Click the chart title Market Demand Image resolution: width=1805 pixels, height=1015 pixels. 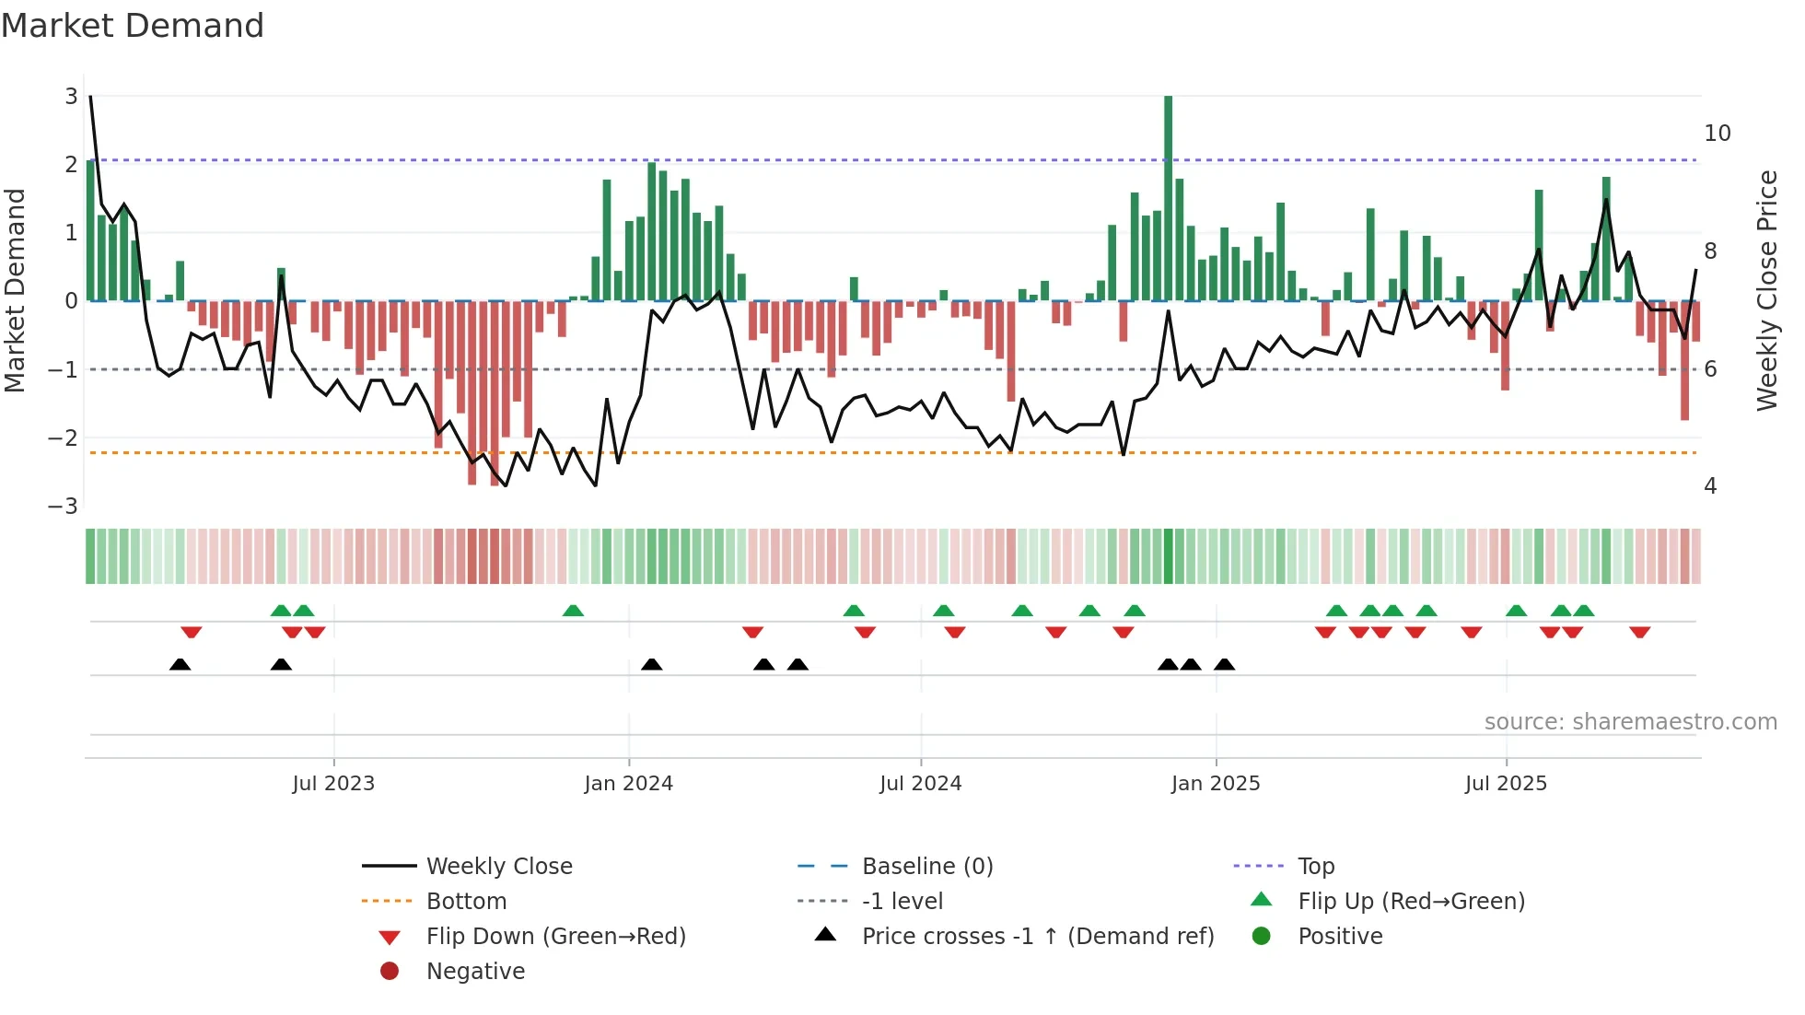click(x=133, y=26)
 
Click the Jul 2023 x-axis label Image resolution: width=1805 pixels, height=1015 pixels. click(x=333, y=784)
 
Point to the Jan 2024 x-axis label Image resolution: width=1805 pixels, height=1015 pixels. click(x=629, y=784)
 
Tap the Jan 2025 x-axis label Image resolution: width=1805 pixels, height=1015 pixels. click(x=1216, y=784)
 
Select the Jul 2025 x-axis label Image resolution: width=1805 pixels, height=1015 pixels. click(x=1507, y=784)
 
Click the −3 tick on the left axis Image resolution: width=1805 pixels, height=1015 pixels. click(x=63, y=507)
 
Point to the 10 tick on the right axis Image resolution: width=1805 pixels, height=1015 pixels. click(x=1718, y=134)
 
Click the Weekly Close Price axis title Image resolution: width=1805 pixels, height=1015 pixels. click(x=1766, y=290)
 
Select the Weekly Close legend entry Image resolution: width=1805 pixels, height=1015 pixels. click(x=498, y=867)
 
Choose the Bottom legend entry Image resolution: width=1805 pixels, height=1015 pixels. click(x=466, y=902)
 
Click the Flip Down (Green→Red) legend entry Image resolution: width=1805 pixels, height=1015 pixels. click(x=555, y=937)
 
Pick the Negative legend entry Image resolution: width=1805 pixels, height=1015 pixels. click(x=475, y=972)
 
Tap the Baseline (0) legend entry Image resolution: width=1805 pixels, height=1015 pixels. click(x=926, y=867)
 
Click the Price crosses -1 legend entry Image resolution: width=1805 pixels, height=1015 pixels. click(x=1037, y=937)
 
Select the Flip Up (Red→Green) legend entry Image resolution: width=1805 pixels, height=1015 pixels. click(x=1411, y=902)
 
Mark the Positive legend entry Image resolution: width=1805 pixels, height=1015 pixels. click(x=1340, y=937)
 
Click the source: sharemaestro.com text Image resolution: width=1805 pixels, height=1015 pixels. click(x=1630, y=722)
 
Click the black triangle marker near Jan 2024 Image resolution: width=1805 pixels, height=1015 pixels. click(x=652, y=665)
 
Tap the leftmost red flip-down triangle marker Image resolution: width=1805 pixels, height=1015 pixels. click(x=192, y=632)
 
